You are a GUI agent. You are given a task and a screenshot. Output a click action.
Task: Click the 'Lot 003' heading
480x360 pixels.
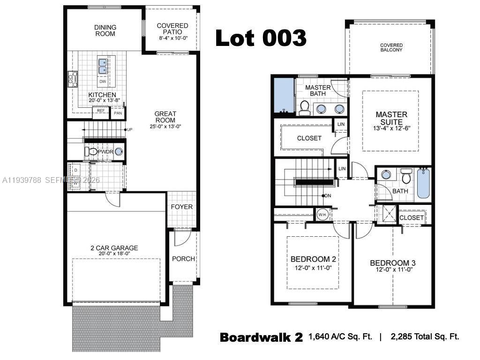pyautogui.click(x=261, y=37)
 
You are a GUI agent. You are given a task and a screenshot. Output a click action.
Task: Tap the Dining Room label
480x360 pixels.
pyautogui.click(x=105, y=30)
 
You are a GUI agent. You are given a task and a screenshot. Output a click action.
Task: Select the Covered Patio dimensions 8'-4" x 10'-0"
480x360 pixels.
pyautogui.click(x=172, y=38)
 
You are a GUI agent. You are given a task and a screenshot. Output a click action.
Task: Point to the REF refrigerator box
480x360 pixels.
pyautogui.click(x=100, y=111)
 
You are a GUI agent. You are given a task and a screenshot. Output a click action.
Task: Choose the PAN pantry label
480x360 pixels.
pyautogui.click(x=118, y=113)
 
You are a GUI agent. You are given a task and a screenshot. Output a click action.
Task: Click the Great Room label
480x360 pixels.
pyautogui.click(x=165, y=117)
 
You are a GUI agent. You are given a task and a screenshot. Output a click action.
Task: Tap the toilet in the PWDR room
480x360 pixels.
pyautogui.click(x=91, y=152)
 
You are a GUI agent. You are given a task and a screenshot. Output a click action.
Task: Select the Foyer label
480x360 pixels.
pyautogui.click(x=181, y=207)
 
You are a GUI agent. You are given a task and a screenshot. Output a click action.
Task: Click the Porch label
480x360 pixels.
pyautogui.click(x=183, y=259)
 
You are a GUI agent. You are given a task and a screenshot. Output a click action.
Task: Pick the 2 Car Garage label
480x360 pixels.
pyautogui.click(x=114, y=248)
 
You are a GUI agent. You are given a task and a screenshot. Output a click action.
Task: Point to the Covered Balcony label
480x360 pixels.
pyautogui.click(x=391, y=47)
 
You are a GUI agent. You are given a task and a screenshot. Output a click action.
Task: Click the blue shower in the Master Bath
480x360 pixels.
pyautogui.click(x=283, y=96)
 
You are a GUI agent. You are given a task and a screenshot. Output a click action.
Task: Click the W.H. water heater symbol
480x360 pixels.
pyautogui.click(x=322, y=215)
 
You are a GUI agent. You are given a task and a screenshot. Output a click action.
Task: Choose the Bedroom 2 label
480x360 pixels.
pyautogui.click(x=313, y=259)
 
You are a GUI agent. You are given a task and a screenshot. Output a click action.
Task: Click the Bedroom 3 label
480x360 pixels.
pyautogui.click(x=392, y=263)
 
